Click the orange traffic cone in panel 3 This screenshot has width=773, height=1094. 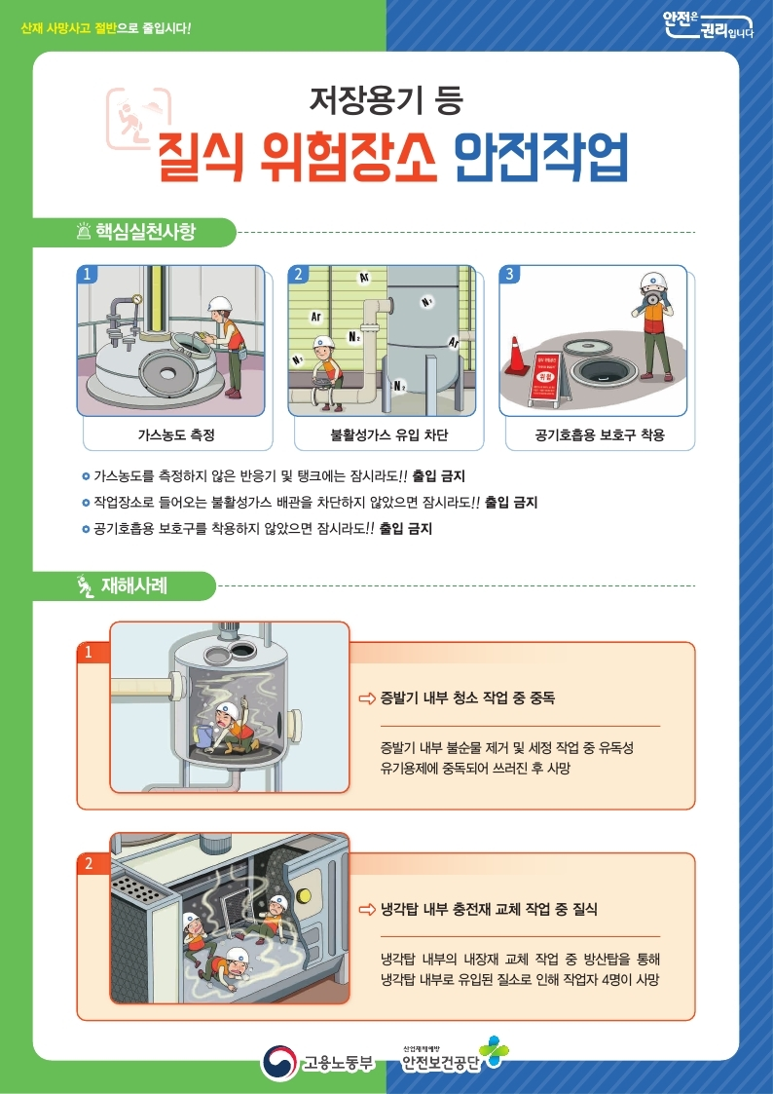(516, 356)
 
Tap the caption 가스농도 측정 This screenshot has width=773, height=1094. (175, 434)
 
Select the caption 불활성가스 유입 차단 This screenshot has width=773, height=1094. (386, 434)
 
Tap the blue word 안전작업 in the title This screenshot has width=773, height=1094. (540, 156)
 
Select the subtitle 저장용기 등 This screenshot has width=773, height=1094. (386, 98)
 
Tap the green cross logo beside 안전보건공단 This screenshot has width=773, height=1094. (495, 1052)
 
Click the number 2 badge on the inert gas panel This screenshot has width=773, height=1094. (298, 275)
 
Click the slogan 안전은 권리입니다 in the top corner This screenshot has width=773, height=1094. (708, 26)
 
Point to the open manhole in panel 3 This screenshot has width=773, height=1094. (604, 371)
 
